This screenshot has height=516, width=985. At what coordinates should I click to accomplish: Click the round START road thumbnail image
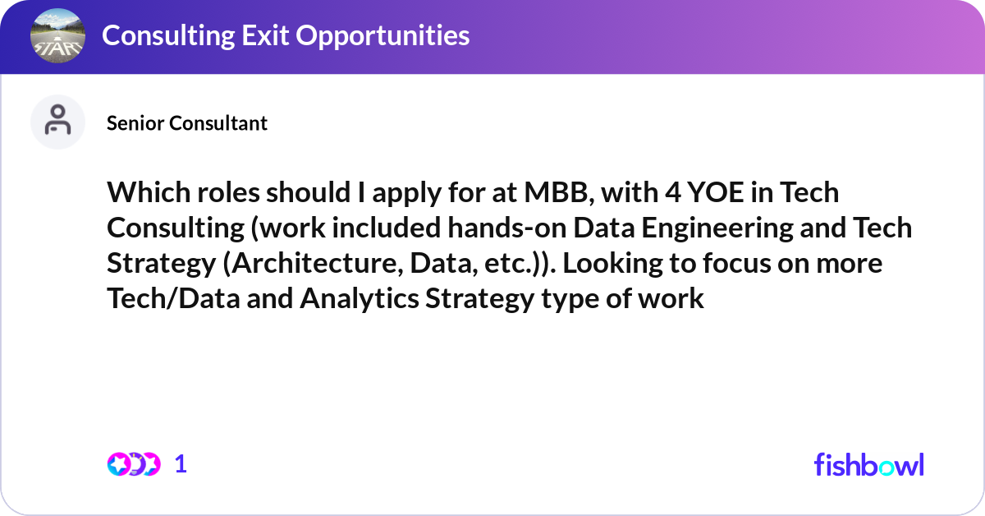tap(57, 36)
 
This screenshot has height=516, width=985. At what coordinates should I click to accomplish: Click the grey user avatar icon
tap(57, 122)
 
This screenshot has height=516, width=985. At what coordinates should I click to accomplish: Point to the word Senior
tap(135, 123)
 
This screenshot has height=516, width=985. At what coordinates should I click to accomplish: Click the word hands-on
tap(488, 228)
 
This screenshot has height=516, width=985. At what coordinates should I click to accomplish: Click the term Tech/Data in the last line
tap(170, 298)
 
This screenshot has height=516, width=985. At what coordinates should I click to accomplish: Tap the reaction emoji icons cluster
tap(133, 464)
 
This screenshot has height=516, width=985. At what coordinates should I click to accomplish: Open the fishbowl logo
tap(868, 464)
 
